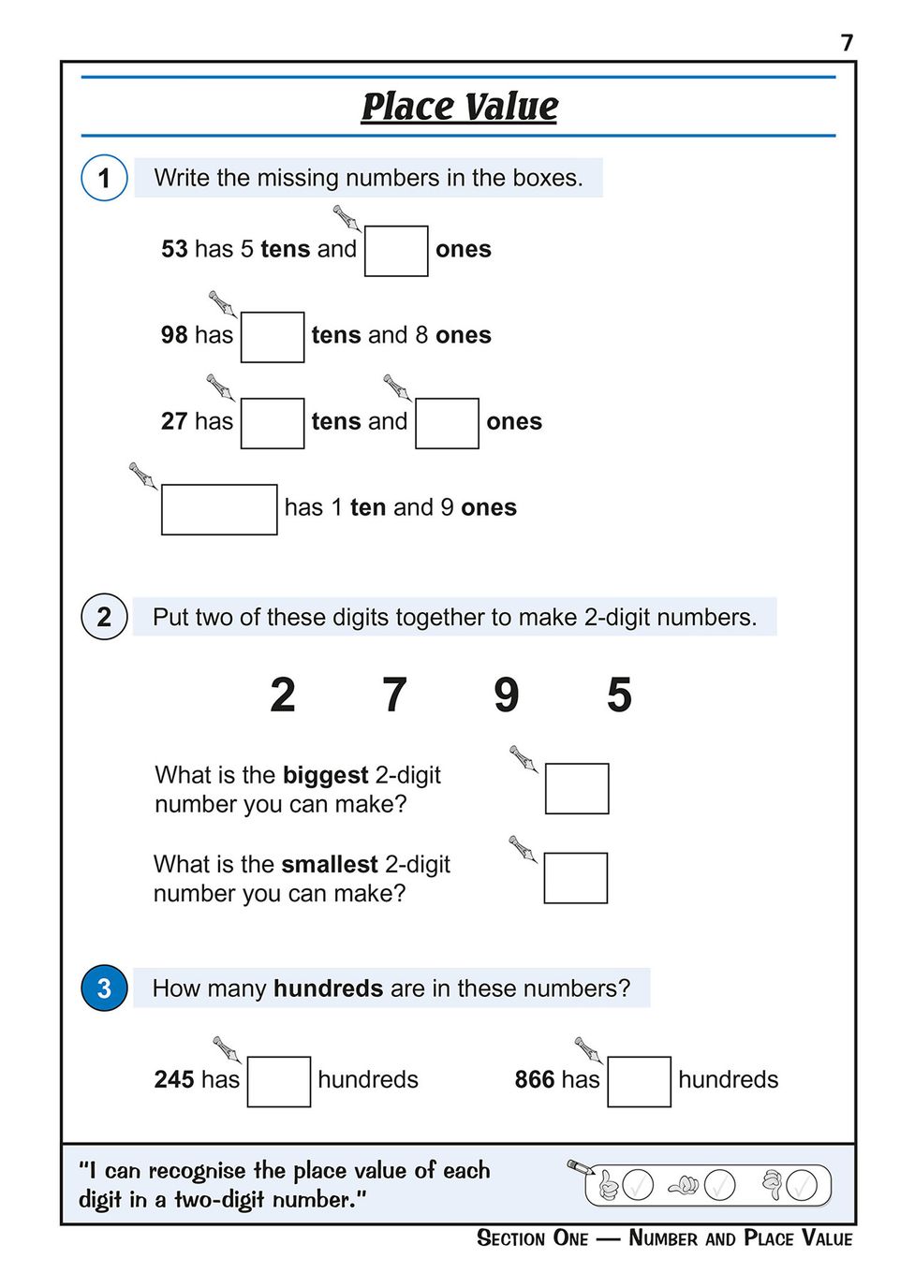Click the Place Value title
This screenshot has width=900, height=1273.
[459, 107]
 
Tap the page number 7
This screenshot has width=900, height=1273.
[847, 43]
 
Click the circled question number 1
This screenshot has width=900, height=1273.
[104, 178]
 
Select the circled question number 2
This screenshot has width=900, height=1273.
[104, 617]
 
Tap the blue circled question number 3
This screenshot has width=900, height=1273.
[104, 988]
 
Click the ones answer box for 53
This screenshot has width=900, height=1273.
[395, 251]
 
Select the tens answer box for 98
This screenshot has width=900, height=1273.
[273, 337]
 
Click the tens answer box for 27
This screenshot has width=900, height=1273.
[273, 423]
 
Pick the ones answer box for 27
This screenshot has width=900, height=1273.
[447, 423]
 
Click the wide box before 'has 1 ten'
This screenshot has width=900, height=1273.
[219, 509]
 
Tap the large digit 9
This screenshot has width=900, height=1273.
[507, 695]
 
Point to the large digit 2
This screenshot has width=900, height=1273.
[283, 695]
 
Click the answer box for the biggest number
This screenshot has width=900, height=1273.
[577, 788]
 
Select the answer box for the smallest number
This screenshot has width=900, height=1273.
[576, 878]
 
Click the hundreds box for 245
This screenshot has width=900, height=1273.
[279, 1081]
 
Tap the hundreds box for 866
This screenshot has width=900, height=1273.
[639, 1081]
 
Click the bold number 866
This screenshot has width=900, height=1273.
[535, 1079]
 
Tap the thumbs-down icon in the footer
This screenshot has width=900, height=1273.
[773, 1185]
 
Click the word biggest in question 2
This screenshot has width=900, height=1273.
[325, 775]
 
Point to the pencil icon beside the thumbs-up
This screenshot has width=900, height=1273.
[581, 1167]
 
